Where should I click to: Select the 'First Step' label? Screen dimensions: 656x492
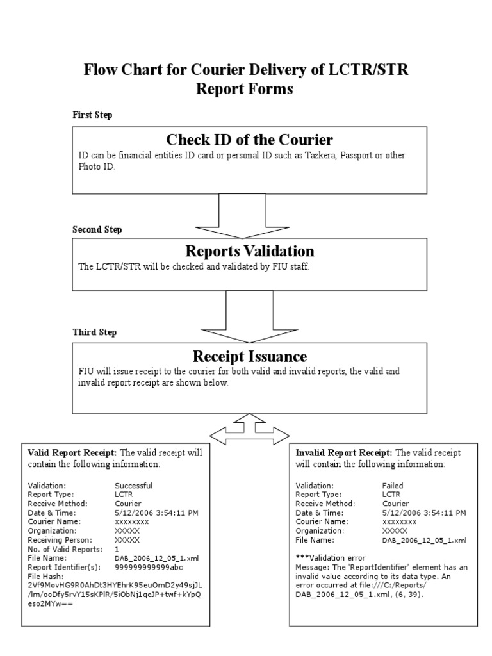click(92, 115)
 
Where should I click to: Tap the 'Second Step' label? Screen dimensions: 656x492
click(97, 229)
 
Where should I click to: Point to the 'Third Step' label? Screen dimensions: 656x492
click(94, 332)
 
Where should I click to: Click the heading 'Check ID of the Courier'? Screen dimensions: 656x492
click(249, 140)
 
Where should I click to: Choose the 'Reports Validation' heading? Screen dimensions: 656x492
click(249, 250)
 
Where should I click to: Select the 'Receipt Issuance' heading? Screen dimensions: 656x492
click(249, 356)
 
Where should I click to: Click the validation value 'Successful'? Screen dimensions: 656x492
click(133, 486)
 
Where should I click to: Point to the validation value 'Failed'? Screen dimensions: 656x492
click(393, 486)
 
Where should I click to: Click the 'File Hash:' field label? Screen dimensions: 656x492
click(47, 576)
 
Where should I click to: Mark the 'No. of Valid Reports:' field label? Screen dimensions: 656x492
click(65, 549)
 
